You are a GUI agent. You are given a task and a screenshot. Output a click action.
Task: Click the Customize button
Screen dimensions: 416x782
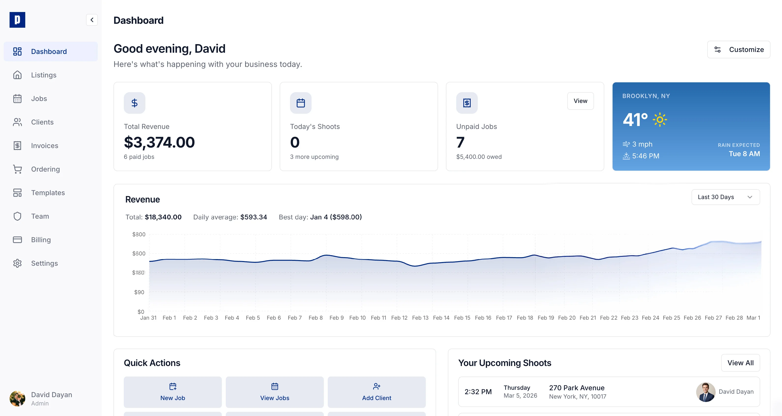[x=738, y=50]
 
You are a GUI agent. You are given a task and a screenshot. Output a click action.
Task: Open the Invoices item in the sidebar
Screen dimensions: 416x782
[x=44, y=146]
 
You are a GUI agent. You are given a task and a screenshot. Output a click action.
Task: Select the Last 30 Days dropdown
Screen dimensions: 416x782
[x=725, y=197]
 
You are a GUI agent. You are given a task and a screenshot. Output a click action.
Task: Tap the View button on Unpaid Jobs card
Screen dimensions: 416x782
[x=580, y=101]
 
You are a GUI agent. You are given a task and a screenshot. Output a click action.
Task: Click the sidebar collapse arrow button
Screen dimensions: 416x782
[x=92, y=20]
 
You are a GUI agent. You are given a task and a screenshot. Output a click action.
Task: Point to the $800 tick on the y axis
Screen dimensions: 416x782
[x=139, y=234]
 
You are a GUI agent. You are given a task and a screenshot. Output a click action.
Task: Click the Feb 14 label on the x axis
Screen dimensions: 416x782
[x=441, y=318]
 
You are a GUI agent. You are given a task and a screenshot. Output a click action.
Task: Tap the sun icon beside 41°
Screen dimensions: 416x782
[x=660, y=120]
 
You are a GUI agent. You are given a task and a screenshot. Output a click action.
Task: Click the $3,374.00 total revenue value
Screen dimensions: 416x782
[x=159, y=142]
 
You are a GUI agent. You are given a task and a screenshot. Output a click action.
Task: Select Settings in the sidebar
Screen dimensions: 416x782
[x=44, y=263]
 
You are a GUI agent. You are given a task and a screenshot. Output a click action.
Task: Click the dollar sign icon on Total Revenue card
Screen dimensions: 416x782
[x=135, y=103]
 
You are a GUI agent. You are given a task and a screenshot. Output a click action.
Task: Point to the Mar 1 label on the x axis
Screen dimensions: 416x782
[x=753, y=318]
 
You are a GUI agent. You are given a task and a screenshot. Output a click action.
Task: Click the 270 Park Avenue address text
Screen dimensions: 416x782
[x=577, y=388]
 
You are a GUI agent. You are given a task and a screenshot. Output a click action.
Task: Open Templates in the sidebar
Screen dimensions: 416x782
[x=48, y=193]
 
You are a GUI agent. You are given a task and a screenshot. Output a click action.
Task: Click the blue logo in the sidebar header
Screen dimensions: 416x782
[x=17, y=20]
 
